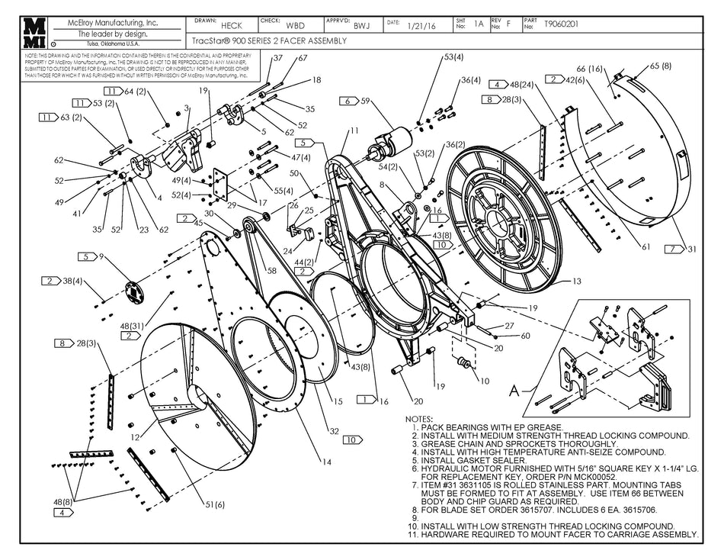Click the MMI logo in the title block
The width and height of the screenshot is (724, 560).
pos(35,34)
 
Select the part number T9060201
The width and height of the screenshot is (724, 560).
pos(561,24)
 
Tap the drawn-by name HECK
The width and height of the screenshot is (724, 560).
pos(231,26)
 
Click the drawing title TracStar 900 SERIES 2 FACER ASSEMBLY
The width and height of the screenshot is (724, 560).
pos(267,40)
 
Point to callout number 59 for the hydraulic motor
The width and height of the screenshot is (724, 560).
pos(365,101)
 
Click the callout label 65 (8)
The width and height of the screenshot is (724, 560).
pos(660,66)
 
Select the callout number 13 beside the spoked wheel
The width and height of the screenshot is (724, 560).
pos(576,282)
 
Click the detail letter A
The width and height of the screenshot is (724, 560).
pos(514,388)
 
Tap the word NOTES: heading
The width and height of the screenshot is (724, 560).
pos(418,419)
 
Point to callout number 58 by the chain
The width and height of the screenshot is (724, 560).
pos(271,270)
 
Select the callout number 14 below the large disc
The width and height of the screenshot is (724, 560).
pos(326,462)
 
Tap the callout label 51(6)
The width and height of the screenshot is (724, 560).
pos(215,504)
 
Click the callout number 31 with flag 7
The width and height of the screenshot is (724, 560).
pos(692,249)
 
